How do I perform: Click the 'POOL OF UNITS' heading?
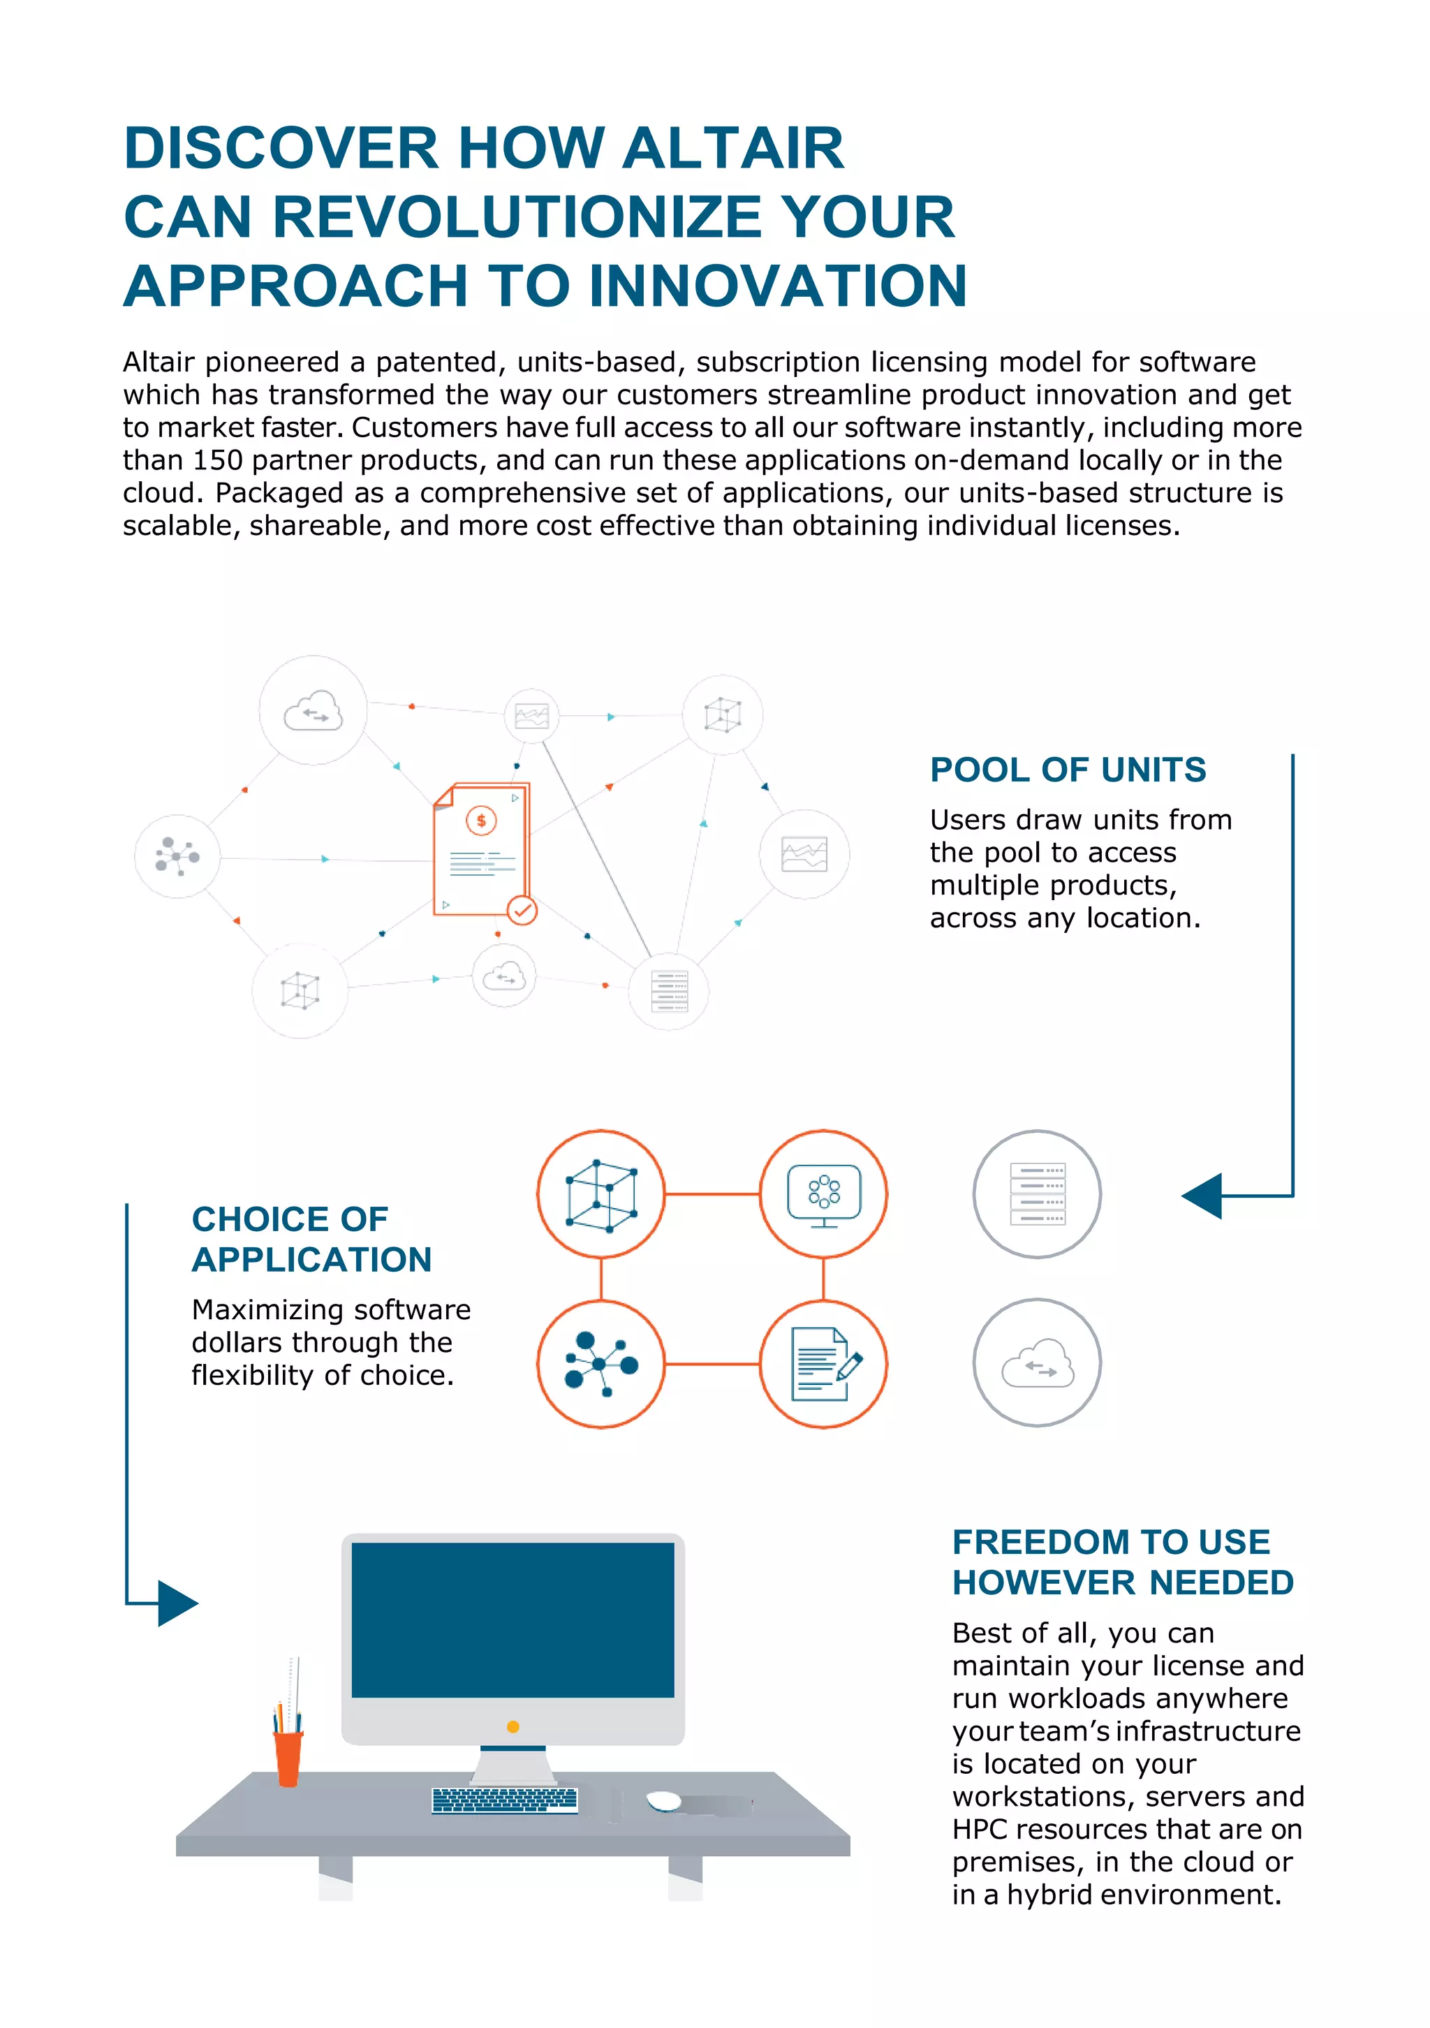1067,770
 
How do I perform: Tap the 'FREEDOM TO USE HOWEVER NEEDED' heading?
1122,1562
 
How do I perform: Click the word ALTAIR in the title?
732,147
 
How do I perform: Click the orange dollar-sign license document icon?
480,848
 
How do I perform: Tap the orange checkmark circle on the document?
522,910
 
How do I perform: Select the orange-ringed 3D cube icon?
600,1193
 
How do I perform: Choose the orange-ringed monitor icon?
823,1193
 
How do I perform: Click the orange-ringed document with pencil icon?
823,1364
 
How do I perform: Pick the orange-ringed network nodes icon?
600,1364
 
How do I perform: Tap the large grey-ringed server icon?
1037,1193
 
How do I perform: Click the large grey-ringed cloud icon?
1037,1362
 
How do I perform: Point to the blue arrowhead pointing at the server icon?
1203,1196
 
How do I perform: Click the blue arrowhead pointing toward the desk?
177,1602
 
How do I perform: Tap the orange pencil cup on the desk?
288,1757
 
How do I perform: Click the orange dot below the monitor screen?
513,1726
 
